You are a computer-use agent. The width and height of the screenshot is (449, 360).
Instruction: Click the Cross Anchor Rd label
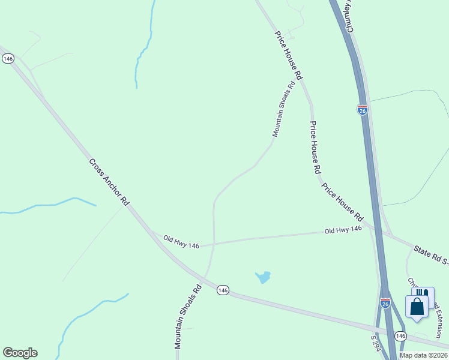[109, 180]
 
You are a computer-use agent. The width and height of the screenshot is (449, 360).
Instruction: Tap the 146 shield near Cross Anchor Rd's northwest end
[8, 58]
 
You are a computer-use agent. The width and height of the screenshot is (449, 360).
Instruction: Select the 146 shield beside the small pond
[223, 290]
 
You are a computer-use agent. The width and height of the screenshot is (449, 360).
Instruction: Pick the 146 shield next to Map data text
[401, 336]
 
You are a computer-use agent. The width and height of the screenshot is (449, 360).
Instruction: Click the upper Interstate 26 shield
[362, 110]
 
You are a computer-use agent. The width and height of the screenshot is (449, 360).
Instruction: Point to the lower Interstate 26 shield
[385, 303]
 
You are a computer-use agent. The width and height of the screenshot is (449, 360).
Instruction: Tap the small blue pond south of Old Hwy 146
[262, 277]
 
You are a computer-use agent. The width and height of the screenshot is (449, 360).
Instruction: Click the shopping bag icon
[417, 306]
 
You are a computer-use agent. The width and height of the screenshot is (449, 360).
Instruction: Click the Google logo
[20, 353]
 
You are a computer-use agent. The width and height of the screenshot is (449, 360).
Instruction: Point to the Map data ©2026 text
[423, 355]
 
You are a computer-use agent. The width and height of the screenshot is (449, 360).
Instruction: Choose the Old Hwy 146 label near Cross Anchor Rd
[181, 242]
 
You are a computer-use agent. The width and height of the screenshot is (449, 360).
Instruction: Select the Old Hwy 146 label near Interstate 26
[343, 230]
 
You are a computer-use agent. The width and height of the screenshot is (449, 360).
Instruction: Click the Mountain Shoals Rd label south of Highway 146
[188, 317]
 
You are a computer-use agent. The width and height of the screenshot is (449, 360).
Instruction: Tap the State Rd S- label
[431, 254]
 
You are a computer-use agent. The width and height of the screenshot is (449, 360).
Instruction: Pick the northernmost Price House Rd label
[288, 55]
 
